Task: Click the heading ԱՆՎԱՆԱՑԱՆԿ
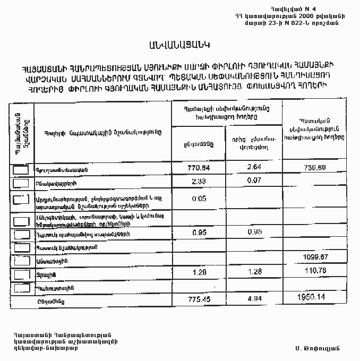[x=179, y=44]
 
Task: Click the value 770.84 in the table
[x=200, y=169]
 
